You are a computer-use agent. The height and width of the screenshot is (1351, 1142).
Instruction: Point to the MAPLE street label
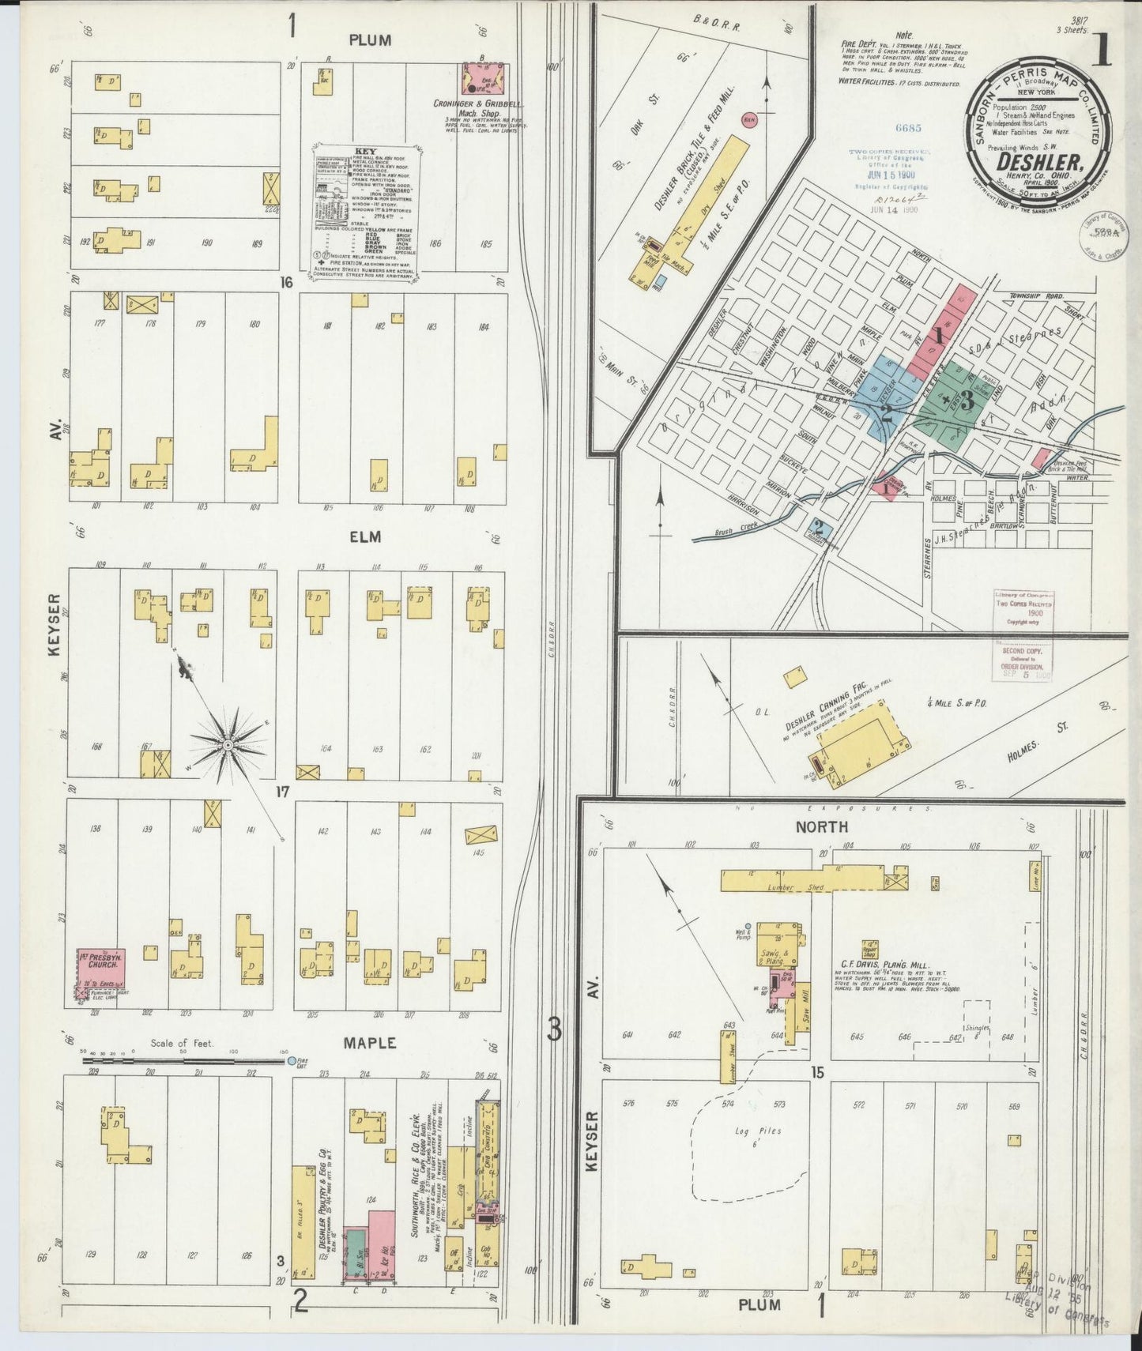coord(369,1043)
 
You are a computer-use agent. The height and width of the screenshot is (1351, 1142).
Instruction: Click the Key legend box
coord(364,208)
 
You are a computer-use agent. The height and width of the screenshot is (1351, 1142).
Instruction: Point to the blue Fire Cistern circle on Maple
coord(291,1061)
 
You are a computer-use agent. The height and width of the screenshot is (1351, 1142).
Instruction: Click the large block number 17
coord(283,792)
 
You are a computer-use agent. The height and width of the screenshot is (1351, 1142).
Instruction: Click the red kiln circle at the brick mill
coord(747,120)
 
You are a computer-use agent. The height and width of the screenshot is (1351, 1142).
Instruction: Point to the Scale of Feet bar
coord(183,1061)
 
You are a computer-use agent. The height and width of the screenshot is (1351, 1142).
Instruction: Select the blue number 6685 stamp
coord(887,127)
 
